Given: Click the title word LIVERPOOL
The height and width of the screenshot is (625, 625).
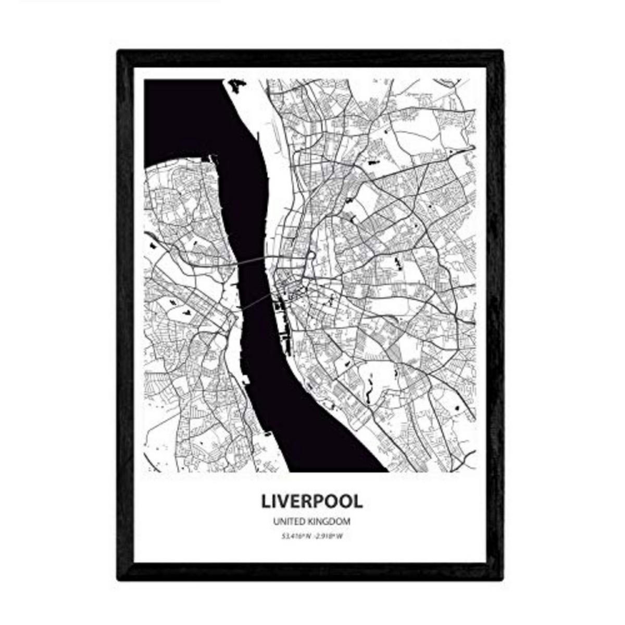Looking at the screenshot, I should [x=311, y=501].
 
